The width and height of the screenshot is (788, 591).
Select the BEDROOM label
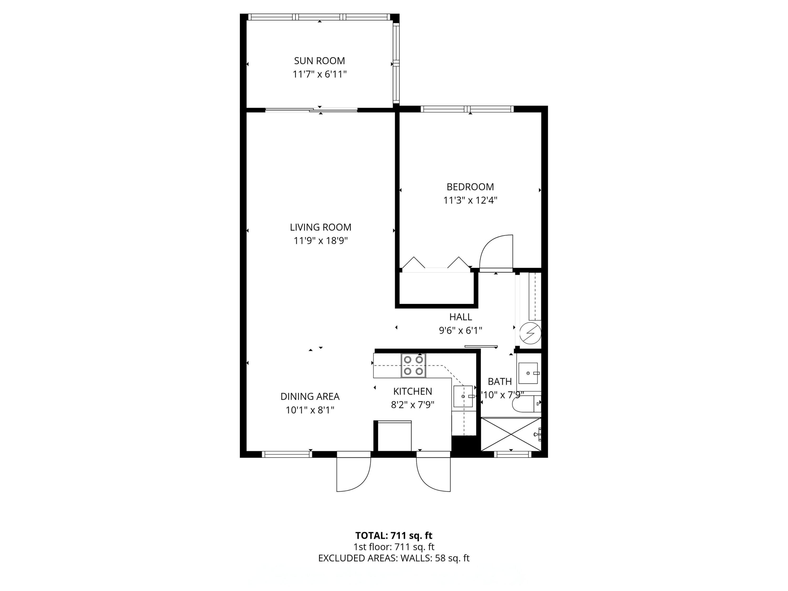pyautogui.click(x=470, y=187)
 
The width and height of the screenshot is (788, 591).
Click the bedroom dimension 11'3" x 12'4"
pyautogui.click(x=470, y=200)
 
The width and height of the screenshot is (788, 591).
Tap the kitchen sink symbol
pyautogui.click(x=463, y=396)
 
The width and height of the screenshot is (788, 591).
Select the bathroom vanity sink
pyautogui.click(x=528, y=373)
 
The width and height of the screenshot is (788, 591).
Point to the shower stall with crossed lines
pyautogui.click(x=510, y=434)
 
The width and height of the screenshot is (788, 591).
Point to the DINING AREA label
pyautogui.click(x=310, y=396)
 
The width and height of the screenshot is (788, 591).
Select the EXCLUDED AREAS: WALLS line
pyautogui.click(x=394, y=558)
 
